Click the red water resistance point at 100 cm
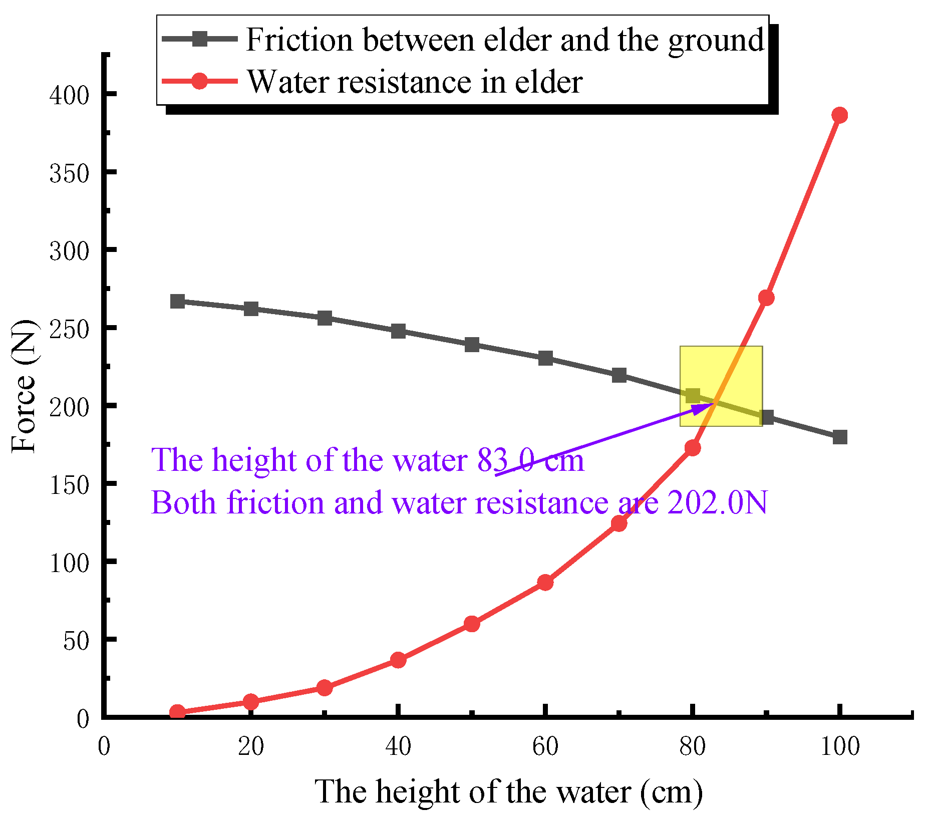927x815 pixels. tap(839, 115)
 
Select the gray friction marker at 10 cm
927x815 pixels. tap(177, 302)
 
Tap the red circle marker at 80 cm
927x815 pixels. tap(692, 448)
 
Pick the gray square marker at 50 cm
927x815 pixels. tap(472, 345)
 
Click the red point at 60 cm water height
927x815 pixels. tap(545, 583)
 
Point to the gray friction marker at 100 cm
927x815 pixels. tap(840, 437)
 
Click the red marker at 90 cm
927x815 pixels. tap(766, 298)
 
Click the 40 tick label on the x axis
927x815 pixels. tap(398, 747)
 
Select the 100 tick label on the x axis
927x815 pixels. tap(840, 747)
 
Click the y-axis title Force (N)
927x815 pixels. tap(24, 386)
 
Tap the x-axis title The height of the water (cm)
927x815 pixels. tap(508, 792)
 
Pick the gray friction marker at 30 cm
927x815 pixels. tap(325, 318)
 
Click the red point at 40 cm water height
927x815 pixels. tap(398, 660)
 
